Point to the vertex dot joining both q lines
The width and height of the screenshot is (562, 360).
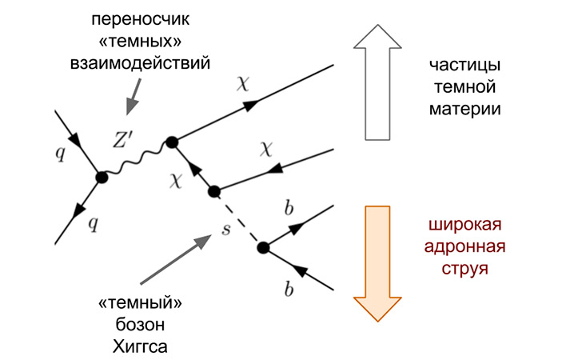(x=101, y=177)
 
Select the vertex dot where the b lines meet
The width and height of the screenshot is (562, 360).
(x=262, y=248)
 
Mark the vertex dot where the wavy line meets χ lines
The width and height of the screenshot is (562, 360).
(x=170, y=142)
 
